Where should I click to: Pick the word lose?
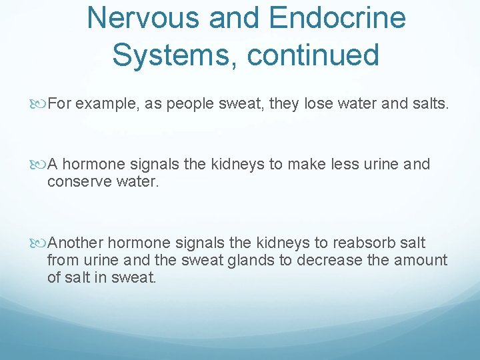click(x=319, y=103)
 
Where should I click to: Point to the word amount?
click(x=421, y=260)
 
